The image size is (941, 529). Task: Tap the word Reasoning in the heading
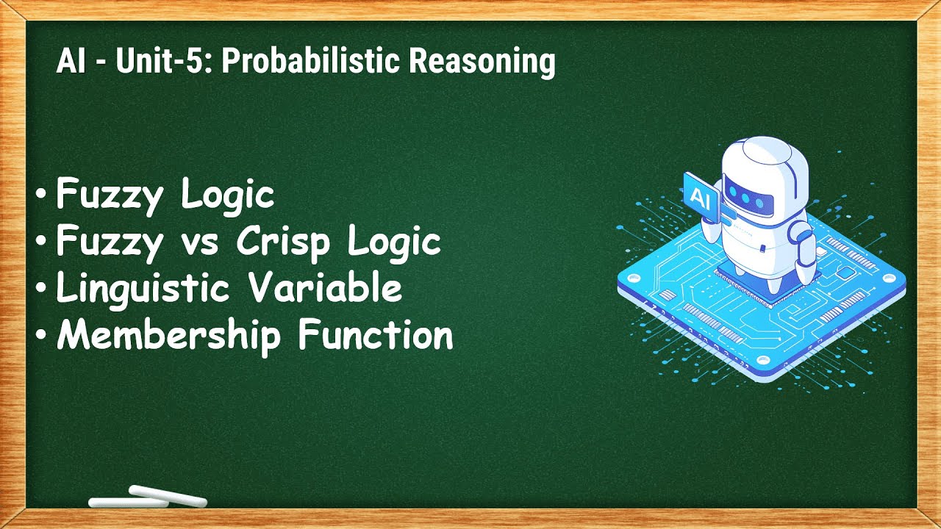pyautogui.click(x=482, y=62)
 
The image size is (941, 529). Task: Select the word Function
pyautogui.click(x=376, y=335)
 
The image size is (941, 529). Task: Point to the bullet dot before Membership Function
pyautogui.click(x=42, y=336)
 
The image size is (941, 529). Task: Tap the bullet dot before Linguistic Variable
pyautogui.click(x=42, y=288)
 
